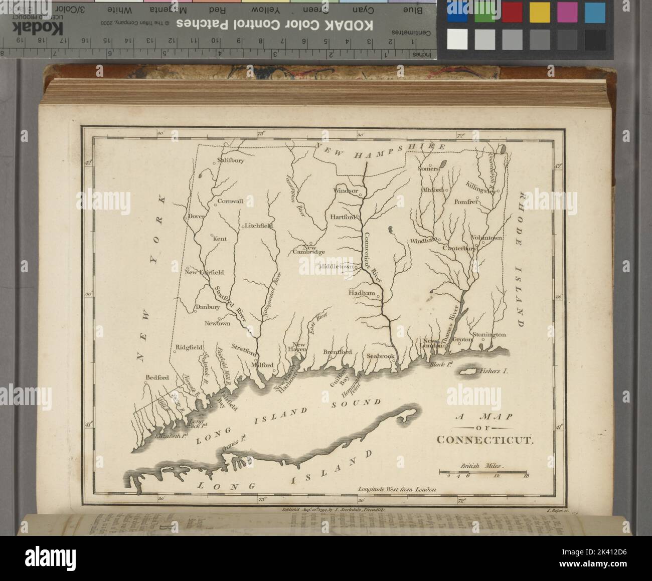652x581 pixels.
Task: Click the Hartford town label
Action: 343,217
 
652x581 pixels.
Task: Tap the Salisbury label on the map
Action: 230,161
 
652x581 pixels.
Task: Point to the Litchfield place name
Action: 259,226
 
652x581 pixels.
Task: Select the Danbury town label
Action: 207,307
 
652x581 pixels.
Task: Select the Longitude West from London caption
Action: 397,488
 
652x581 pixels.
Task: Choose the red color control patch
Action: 512,12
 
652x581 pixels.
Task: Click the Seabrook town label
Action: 381,355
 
